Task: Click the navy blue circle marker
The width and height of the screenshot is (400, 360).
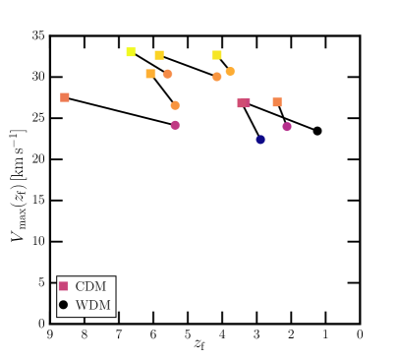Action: pyautogui.click(x=260, y=140)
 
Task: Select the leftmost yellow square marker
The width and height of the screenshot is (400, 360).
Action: pyautogui.click(x=131, y=52)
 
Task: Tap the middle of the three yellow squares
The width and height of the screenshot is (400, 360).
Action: pyautogui.click(x=159, y=55)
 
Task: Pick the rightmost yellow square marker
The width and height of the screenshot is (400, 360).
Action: pyautogui.click(x=216, y=55)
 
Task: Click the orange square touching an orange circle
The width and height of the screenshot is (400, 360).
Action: pyautogui.click(x=150, y=74)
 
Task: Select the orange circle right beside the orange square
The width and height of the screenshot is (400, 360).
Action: pyautogui.click(x=168, y=74)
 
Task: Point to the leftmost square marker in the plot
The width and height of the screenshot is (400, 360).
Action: pyautogui.click(x=65, y=97)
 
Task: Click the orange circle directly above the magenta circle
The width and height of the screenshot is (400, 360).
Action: pyautogui.click(x=175, y=105)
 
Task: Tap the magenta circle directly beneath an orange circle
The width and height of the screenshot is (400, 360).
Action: pyautogui.click(x=175, y=125)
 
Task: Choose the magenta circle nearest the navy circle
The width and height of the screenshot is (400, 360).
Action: pyautogui.click(x=287, y=127)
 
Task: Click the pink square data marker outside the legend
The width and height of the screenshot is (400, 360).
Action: pyautogui.click(x=244, y=102)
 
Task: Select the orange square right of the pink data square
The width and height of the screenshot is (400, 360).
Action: pyautogui.click(x=277, y=102)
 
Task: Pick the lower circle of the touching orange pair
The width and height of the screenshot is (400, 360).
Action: pyautogui.click(x=217, y=77)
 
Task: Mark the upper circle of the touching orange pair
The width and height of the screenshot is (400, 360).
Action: pyautogui.click(x=230, y=71)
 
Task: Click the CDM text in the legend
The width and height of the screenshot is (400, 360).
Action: pyautogui.click(x=90, y=286)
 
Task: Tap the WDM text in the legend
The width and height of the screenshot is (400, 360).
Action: pyautogui.click(x=92, y=305)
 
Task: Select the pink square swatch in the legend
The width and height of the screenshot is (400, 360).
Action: pyautogui.click(x=64, y=286)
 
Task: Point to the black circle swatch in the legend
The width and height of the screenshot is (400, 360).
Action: pyautogui.click(x=64, y=305)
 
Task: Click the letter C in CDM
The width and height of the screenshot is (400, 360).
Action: pyautogui.click(x=80, y=286)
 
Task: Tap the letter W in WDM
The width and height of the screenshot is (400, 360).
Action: pyautogui.click(x=82, y=305)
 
